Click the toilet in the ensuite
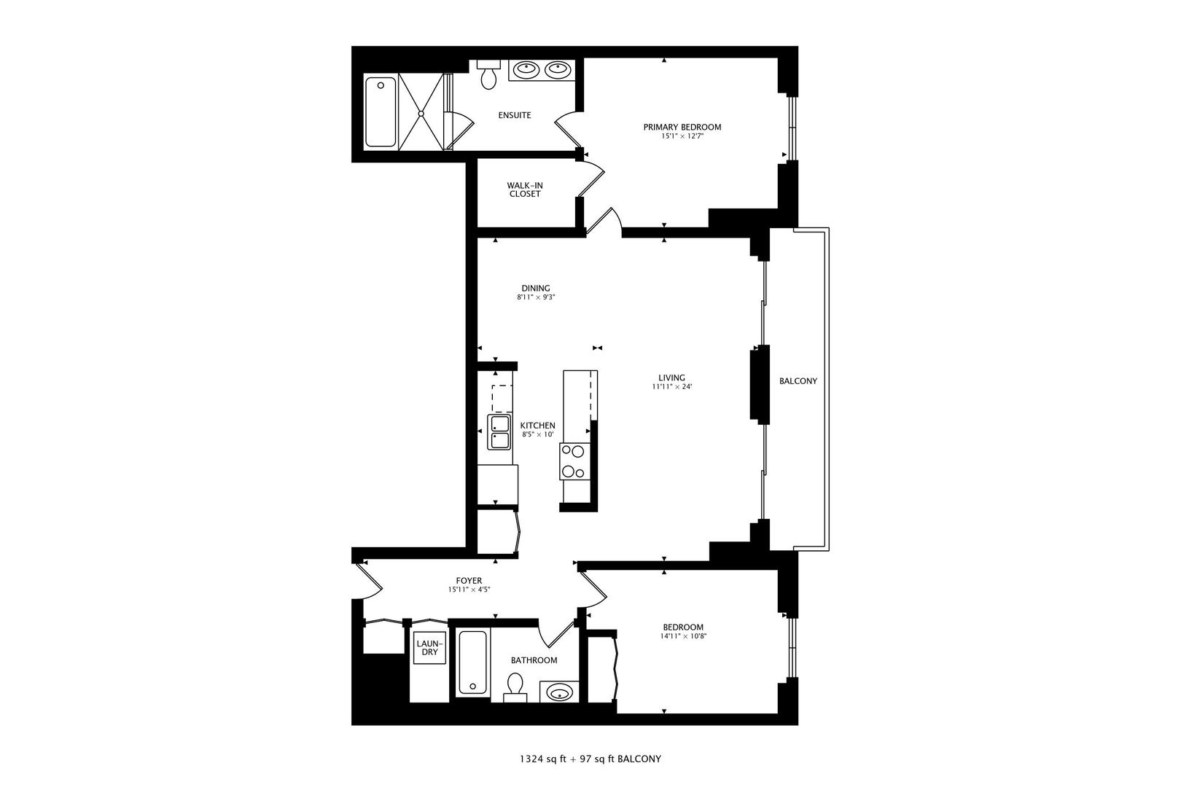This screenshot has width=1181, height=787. point(488,75)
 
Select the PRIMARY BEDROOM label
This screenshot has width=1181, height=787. point(682,127)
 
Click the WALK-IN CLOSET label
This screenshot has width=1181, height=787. point(525,189)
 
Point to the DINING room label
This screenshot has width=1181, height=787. point(535,288)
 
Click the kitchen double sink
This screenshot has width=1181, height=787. point(499,432)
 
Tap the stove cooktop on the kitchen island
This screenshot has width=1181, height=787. point(573,462)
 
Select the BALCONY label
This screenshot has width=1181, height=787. point(798,381)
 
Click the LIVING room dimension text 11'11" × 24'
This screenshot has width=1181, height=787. point(671,387)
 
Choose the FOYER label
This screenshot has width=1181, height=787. point(470,581)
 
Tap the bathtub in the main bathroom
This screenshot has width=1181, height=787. point(472,662)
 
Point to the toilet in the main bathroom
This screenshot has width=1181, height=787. point(515,687)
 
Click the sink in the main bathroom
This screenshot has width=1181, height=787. point(559,692)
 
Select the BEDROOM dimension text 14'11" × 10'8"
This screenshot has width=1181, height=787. point(683,636)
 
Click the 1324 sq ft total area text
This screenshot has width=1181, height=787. point(542,759)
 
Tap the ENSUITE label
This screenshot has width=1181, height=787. point(514,115)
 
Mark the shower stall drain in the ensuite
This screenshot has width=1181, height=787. point(421,113)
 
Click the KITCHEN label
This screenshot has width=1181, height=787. point(537,426)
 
